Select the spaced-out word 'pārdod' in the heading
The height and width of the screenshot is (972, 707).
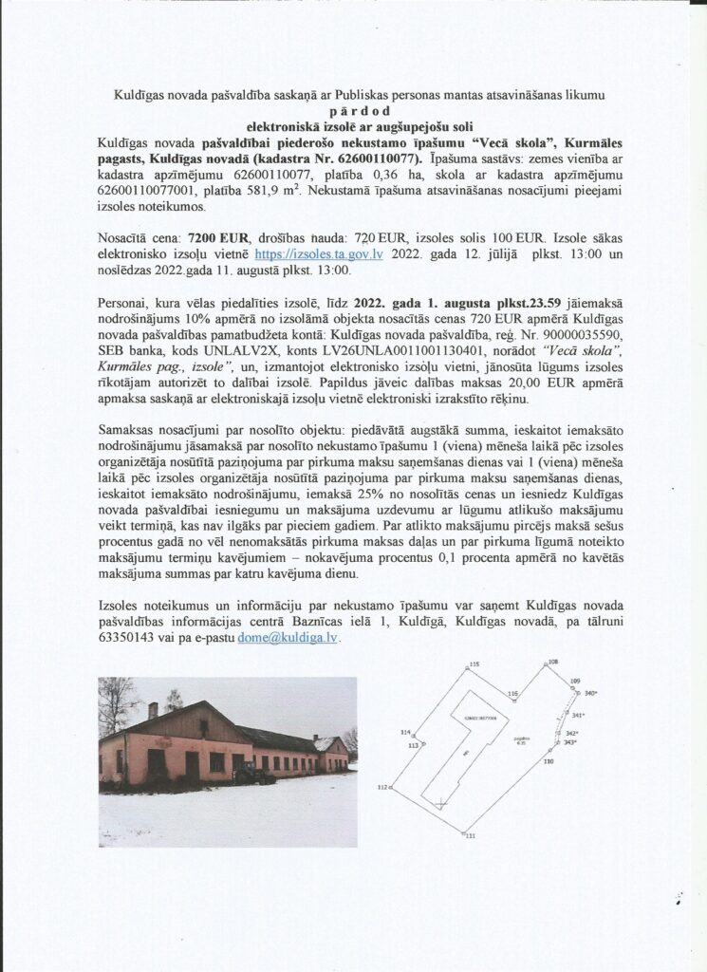tap(353, 109)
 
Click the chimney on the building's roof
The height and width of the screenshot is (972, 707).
tap(153, 710)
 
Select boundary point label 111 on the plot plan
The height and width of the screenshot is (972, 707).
tap(469, 834)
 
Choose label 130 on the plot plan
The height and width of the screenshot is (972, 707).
tap(548, 760)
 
